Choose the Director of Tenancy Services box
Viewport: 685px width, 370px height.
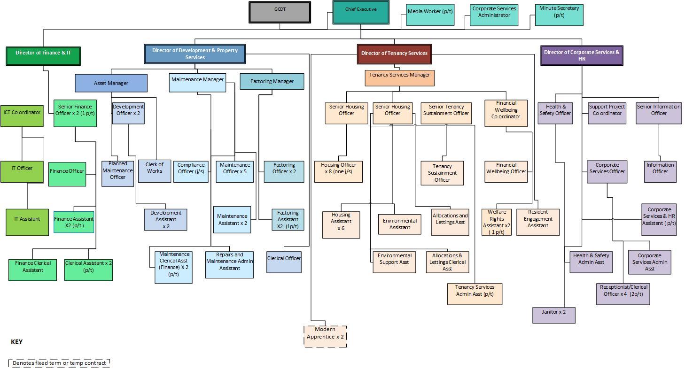pyautogui.click(x=394, y=54)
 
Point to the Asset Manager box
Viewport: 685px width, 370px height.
pyautogui.click(x=111, y=83)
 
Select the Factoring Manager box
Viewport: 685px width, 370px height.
pyautogui.click(x=272, y=82)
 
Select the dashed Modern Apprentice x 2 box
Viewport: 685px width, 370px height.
pyautogui.click(x=325, y=336)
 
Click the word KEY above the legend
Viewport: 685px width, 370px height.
pyautogui.click(x=16, y=342)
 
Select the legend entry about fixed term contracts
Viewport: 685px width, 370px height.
pyautogui.click(x=59, y=363)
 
